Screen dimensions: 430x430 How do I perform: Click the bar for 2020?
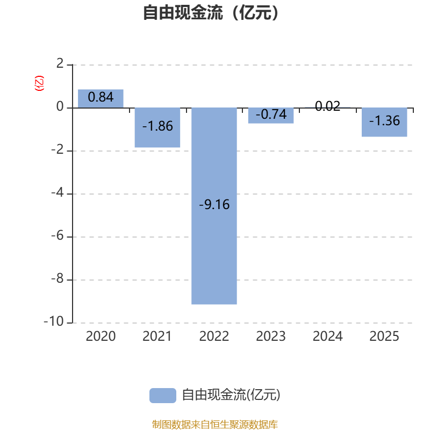coord(101,98)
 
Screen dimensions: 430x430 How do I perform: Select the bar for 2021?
coord(157,128)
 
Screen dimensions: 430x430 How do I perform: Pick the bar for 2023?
coord(271,116)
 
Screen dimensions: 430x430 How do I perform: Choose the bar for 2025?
coord(384,123)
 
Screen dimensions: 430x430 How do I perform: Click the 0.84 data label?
coord(101,97)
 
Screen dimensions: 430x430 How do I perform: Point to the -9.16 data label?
coord(214,205)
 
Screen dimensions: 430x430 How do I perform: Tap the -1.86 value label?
coord(157,126)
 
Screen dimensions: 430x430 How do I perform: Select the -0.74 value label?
coord(271,114)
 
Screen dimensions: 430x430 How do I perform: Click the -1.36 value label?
coord(384,121)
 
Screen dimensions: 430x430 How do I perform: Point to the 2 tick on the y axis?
coord(60,64)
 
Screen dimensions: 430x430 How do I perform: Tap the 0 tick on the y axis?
coord(60,107)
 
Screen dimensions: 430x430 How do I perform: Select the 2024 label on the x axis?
coord(327,336)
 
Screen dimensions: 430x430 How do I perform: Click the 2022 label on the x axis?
coord(214,336)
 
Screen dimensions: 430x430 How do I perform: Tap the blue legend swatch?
coord(162,395)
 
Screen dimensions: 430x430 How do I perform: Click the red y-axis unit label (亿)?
coord(39,83)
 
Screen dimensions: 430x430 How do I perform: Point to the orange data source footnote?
coord(214,424)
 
